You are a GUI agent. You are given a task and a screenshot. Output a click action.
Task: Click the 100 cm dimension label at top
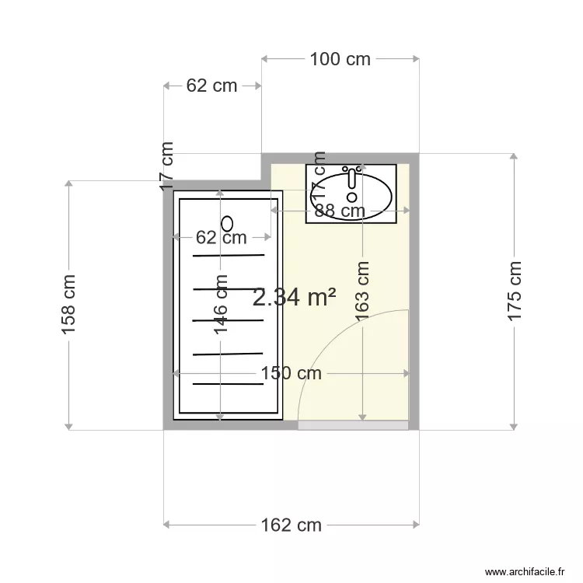[340, 59]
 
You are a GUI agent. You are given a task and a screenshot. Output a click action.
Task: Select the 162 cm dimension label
[291, 525]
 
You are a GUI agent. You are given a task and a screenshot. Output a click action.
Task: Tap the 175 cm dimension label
[514, 292]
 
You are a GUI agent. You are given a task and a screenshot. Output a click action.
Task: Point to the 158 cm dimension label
[69, 305]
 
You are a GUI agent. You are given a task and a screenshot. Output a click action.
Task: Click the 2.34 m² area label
[295, 296]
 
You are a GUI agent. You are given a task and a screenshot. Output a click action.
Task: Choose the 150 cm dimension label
[291, 373]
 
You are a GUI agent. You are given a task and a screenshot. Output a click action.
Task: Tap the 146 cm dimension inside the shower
[221, 305]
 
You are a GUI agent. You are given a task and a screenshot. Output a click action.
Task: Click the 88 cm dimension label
[340, 210]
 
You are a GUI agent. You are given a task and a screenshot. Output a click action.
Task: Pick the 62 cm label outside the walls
[211, 86]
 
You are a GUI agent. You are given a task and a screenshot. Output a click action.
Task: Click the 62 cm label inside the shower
[221, 237]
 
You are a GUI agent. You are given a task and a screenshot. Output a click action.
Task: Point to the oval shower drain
[227, 223]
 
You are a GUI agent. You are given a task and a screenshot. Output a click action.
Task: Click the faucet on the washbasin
[351, 178]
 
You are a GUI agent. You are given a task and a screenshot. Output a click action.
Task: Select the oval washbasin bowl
[354, 194]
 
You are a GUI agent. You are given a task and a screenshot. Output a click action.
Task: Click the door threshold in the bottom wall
[353, 425]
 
